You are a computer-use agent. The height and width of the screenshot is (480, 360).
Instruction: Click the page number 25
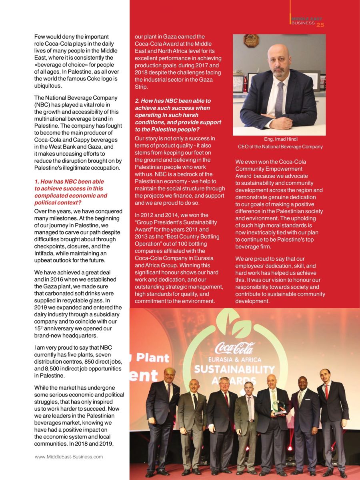[x=320, y=25]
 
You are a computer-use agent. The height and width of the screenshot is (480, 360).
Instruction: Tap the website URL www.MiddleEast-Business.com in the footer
[x=69, y=456]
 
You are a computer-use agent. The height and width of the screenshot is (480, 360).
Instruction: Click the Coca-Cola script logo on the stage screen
[x=234, y=348]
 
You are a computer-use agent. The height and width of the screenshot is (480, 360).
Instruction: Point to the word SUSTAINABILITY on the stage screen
[x=234, y=369]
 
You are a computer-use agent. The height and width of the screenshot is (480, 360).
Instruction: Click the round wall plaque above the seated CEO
[x=251, y=40]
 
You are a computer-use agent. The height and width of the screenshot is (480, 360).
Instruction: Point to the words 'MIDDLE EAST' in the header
[x=306, y=19]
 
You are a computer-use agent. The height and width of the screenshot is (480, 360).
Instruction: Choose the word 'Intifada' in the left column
[x=45, y=253]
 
